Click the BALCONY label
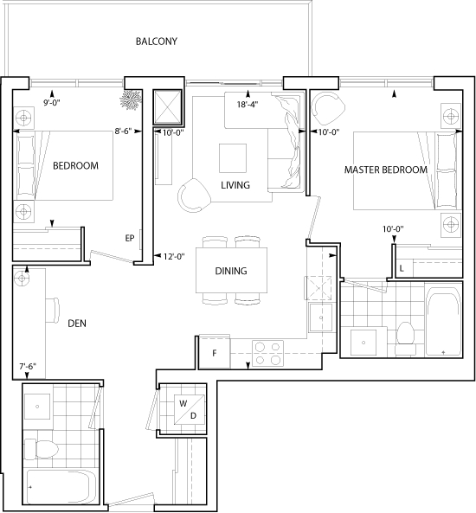pos(157,42)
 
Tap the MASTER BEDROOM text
pos(386,170)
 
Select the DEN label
pos(77,324)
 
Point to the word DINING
pos(231,271)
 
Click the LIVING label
pos(235,185)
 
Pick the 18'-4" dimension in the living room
pos(248,105)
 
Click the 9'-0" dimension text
pos(52,103)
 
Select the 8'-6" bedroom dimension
pos(123,131)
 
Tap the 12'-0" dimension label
pos(174,256)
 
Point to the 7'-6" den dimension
pos(28,367)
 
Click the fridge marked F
pos(215,353)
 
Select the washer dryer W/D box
pos(190,409)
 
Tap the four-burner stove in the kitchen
pos(267,353)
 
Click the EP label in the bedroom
pos(130,238)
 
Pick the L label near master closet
pos(402,268)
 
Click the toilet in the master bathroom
pos(406,338)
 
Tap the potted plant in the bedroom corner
pos(131,99)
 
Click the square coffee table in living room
pos(233,158)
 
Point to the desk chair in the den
pos(53,311)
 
